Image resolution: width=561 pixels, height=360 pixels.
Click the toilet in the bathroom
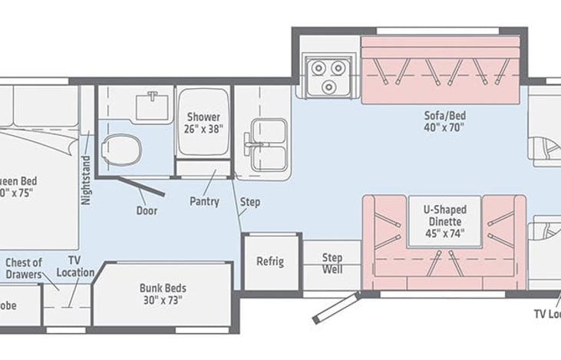[x=120, y=148]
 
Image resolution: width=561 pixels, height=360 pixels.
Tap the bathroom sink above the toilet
[x=153, y=105]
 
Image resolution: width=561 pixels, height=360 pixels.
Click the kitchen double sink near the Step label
[x=266, y=144]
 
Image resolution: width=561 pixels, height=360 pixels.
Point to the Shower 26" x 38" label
[x=203, y=123]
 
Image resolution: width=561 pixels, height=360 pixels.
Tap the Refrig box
[x=270, y=262]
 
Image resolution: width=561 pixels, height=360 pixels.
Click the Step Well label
[x=332, y=263]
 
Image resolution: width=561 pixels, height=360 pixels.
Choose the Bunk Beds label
[x=163, y=289]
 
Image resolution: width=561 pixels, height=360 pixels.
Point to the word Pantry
[x=205, y=202]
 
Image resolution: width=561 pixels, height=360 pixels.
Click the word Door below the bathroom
[x=147, y=210]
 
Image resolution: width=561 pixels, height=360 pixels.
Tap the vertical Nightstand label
[x=86, y=181]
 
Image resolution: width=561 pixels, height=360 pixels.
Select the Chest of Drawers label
[x=25, y=269]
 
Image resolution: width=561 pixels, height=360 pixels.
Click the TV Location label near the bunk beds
[x=75, y=266]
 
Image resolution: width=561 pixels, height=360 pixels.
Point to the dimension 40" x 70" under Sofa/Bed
[x=445, y=128]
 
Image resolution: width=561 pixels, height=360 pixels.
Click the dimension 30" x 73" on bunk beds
[x=163, y=301]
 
